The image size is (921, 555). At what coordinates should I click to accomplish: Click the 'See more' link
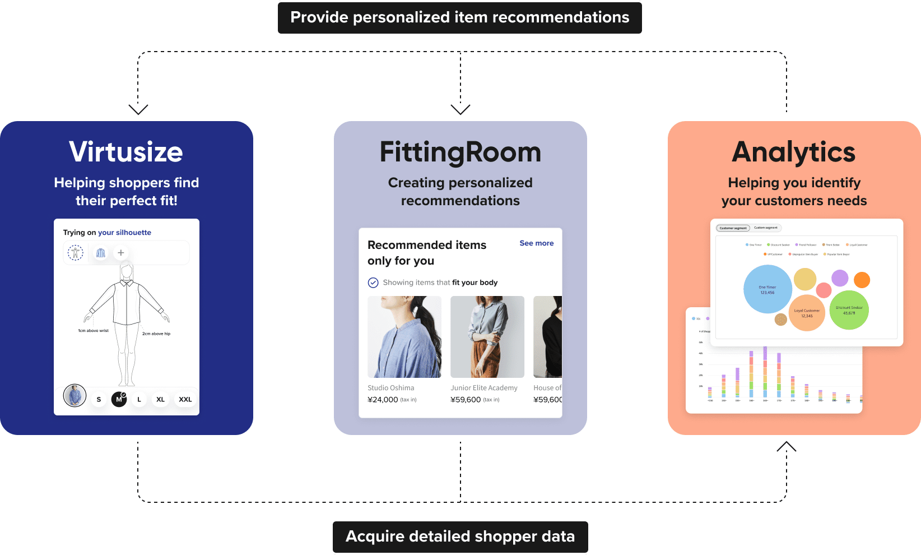coord(536,243)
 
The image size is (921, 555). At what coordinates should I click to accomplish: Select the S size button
coord(99,400)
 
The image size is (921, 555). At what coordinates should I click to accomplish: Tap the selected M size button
coord(119,399)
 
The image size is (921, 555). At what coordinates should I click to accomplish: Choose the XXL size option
coord(185,400)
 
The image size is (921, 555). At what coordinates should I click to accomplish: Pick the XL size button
coord(160,400)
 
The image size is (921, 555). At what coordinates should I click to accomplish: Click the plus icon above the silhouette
coord(120,253)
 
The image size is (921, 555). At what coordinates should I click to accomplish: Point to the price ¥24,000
coord(383,400)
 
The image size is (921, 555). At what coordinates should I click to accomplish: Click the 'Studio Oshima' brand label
coord(391,388)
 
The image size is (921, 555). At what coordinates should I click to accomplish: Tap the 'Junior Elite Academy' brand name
coord(484,388)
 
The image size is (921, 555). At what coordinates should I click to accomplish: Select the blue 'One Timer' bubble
coord(767,289)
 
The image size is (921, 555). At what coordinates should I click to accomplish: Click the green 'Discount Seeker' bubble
coord(849,310)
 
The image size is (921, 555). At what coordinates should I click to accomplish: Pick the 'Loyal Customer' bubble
coord(807,313)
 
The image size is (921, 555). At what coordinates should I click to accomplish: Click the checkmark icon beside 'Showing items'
coord(373,283)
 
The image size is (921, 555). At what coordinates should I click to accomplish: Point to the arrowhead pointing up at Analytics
coord(787,446)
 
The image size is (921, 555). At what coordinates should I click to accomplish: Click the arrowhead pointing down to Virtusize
coord(138,109)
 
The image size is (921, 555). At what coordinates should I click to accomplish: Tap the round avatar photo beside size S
coord(75,396)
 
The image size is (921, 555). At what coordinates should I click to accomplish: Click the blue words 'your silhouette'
coord(124,233)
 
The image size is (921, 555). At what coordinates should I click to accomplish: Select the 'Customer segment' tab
coord(733,228)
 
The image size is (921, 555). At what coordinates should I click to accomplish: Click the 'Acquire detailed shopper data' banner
coord(460,536)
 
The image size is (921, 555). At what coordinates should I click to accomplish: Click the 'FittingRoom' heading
coord(460,152)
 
